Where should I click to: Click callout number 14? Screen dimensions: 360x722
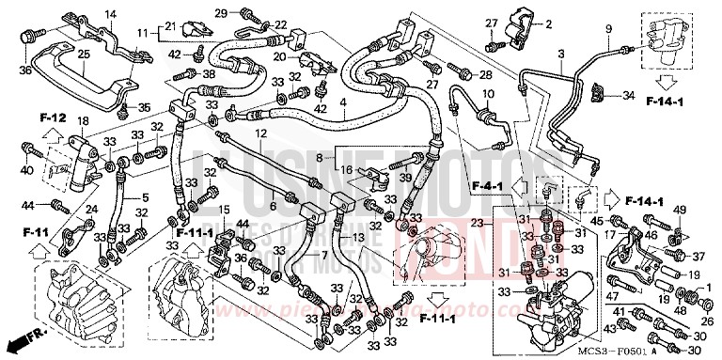[111, 13]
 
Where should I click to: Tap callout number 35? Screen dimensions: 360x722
[144, 108]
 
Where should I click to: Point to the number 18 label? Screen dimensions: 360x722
[83, 121]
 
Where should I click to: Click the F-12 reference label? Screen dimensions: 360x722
[53, 117]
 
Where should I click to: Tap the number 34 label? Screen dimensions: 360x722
[629, 94]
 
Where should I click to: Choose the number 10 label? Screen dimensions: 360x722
[488, 95]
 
